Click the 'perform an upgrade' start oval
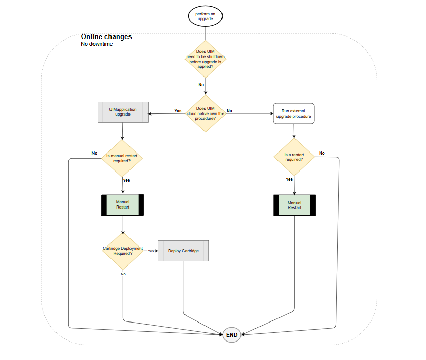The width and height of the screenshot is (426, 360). [x=205, y=16]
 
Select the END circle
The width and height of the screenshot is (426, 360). [x=232, y=335]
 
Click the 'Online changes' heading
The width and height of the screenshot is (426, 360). [x=106, y=37]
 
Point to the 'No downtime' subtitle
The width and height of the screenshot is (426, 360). [x=97, y=44]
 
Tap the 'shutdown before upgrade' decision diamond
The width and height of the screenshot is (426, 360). [x=205, y=59]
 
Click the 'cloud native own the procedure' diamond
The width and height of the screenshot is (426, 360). [x=205, y=113]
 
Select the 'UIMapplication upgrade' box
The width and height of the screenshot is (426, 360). [x=123, y=112]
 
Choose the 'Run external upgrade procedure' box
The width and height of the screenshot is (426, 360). [x=293, y=113]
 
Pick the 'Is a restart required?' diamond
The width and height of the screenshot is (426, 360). [x=294, y=156]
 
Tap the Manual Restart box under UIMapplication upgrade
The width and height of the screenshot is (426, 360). [x=123, y=204]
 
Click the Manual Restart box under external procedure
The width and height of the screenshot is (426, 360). [x=294, y=205]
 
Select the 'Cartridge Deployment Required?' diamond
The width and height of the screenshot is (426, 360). [x=123, y=251]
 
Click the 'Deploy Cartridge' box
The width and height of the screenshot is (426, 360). [x=183, y=251]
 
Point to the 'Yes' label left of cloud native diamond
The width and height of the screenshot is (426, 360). [x=178, y=111]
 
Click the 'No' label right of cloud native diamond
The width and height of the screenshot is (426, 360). [x=229, y=111]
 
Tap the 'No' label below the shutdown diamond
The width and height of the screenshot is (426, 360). [x=201, y=84]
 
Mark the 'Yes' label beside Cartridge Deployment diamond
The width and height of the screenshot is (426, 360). [x=151, y=251]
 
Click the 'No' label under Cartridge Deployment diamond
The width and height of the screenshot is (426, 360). [x=123, y=274]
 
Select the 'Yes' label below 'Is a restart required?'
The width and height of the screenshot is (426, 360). [x=289, y=179]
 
